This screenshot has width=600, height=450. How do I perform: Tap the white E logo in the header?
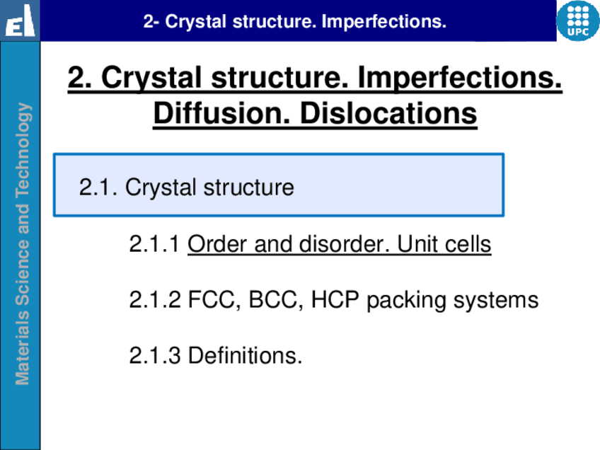coord(20,21)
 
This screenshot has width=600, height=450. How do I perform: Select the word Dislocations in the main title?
coord(388,113)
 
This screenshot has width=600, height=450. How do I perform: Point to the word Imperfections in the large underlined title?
coord(460,77)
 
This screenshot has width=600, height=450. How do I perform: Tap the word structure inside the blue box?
coord(249,187)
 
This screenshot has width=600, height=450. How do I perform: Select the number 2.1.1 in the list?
coord(154,243)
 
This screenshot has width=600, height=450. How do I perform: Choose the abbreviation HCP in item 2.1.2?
coord(335,299)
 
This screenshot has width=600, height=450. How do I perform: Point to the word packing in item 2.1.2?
coord(406,301)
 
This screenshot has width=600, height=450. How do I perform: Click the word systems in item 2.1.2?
coord(496,301)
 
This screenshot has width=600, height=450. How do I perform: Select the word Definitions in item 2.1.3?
coord(246,355)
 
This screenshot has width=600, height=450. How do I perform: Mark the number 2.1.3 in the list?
coord(154,355)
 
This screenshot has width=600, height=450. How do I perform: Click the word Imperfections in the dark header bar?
coord(383,22)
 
